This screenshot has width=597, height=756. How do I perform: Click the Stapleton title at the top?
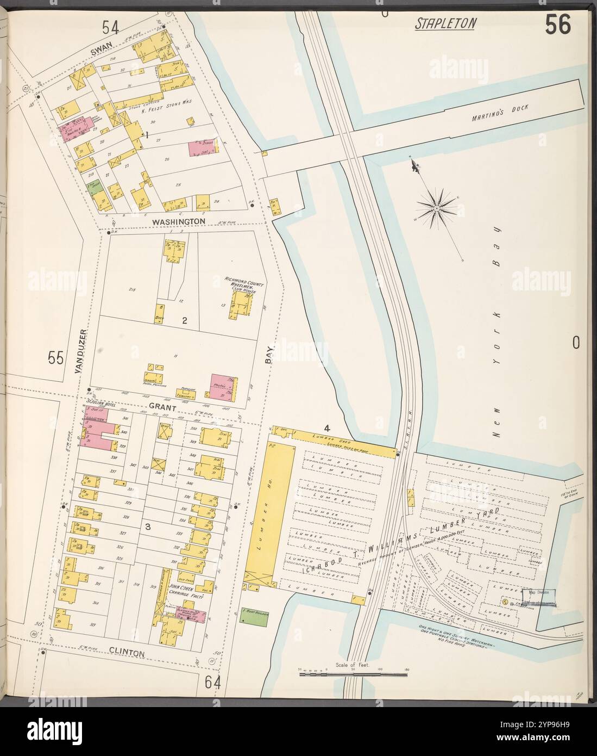click(x=446, y=23)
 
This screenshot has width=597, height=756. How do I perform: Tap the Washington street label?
click(x=178, y=222)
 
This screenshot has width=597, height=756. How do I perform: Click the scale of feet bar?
click(x=353, y=674)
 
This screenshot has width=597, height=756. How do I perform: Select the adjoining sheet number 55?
click(x=56, y=358)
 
